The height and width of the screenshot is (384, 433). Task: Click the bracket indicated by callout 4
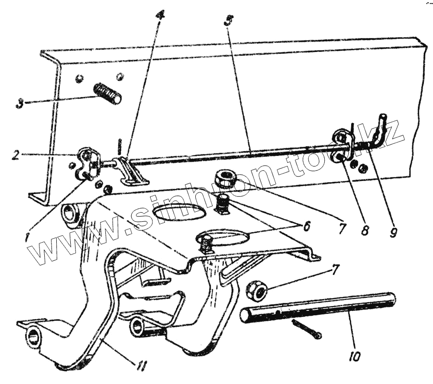click(132, 171)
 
